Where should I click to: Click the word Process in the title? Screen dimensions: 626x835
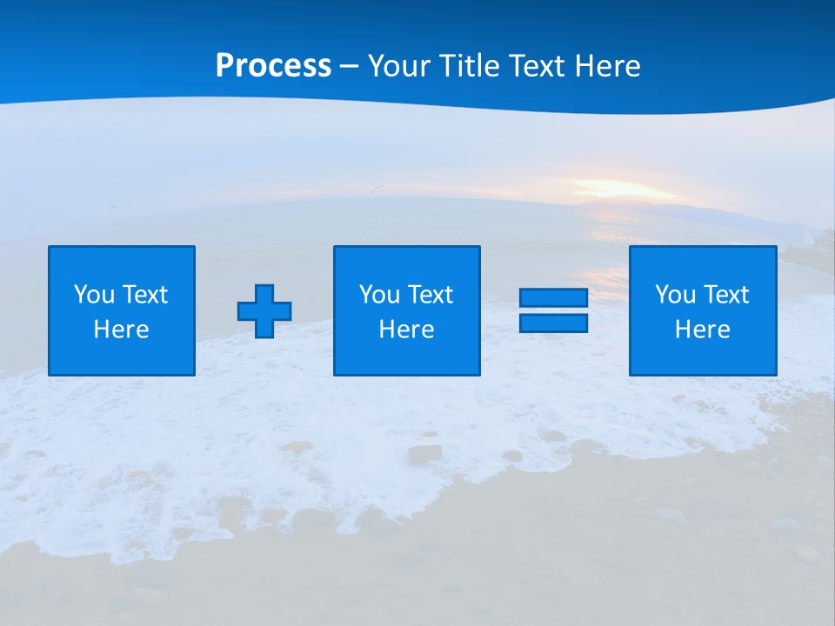click(273, 66)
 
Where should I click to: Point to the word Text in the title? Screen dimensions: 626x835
click(535, 66)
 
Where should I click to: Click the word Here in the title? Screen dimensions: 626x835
click(606, 66)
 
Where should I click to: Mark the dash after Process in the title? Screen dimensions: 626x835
click(349, 67)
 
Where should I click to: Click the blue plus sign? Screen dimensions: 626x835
click(264, 311)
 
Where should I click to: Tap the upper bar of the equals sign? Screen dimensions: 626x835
click(553, 298)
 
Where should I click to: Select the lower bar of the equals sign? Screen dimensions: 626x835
click(553, 323)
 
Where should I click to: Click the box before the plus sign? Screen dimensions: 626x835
click(122, 261)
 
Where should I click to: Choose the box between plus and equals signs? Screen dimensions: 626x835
click(407, 261)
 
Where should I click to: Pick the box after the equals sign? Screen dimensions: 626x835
click(703, 261)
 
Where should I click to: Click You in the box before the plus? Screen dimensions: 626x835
click(94, 295)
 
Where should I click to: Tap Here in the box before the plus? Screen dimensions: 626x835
click(121, 330)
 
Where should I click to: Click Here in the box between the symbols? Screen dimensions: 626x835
click(406, 330)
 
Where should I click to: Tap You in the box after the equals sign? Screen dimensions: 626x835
click(675, 295)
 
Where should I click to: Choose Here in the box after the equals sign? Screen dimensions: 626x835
click(702, 330)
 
